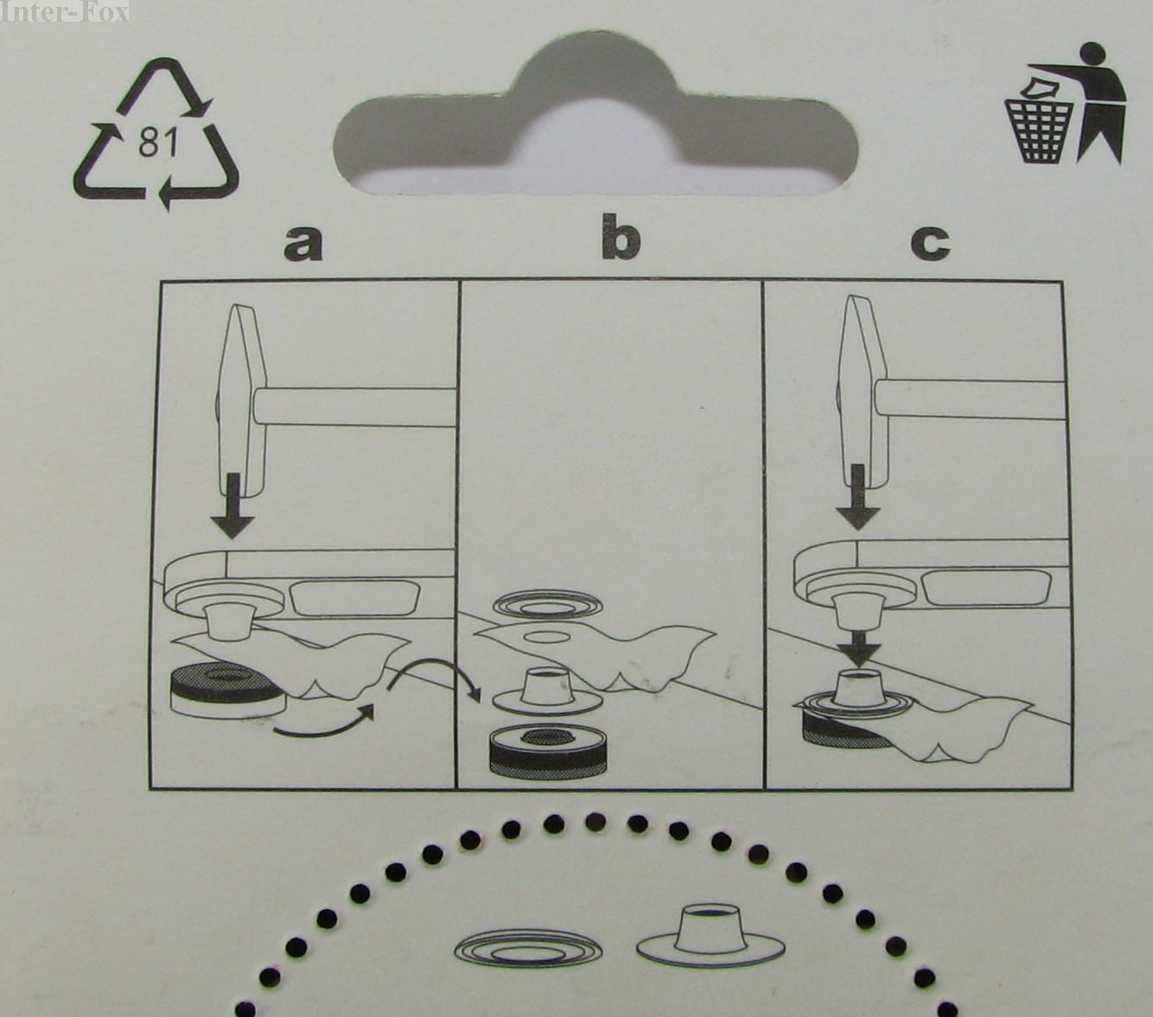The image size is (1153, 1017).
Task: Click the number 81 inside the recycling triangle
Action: click(x=158, y=142)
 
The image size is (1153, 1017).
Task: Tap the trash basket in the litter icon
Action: click(x=1039, y=130)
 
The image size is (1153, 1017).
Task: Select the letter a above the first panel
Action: click(x=303, y=244)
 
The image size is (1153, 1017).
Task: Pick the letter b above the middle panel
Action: click(x=621, y=237)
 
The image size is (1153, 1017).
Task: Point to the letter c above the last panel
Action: click(x=930, y=244)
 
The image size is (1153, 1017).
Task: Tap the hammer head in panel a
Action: click(x=241, y=399)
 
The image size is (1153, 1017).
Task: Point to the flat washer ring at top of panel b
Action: click(x=548, y=605)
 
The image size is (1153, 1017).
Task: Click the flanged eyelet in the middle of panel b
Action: click(x=547, y=688)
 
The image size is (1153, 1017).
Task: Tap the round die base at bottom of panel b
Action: click(x=548, y=751)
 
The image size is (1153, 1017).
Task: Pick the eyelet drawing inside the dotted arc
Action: click(x=710, y=937)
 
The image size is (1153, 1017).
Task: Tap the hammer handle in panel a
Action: click(x=355, y=406)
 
